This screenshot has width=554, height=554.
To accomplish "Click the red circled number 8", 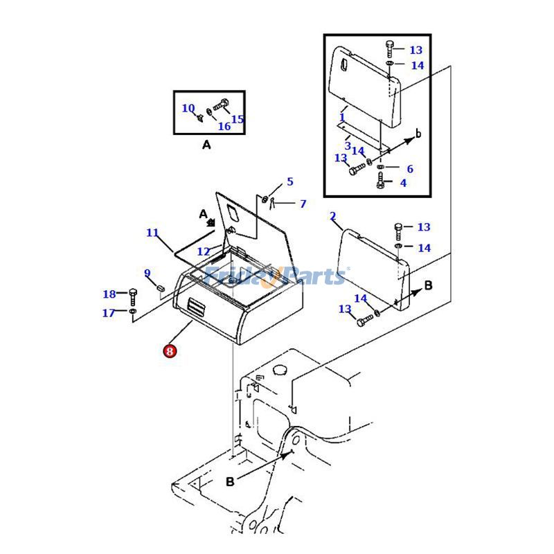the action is (x=170, y=351).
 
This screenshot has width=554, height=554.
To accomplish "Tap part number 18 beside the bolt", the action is (x=109, y=294).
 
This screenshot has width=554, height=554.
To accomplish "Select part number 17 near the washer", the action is (x=109, y=313).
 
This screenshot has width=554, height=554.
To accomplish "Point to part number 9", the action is (x=148, y=273).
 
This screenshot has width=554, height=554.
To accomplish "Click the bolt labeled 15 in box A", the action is (x=221, y=105).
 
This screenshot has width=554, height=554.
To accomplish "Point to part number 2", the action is (x=333, y=216).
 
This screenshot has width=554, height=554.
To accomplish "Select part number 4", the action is (x=403, y=183).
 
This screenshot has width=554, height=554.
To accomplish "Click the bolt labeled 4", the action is (x=380, y=181).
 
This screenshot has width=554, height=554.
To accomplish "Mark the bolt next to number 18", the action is (x=133, y=298).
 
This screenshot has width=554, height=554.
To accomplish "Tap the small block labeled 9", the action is (x=161, y=287).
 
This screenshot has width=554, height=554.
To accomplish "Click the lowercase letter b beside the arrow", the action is (x=419, y=134).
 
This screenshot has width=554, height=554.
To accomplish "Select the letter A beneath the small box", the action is (x=206, y=145).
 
